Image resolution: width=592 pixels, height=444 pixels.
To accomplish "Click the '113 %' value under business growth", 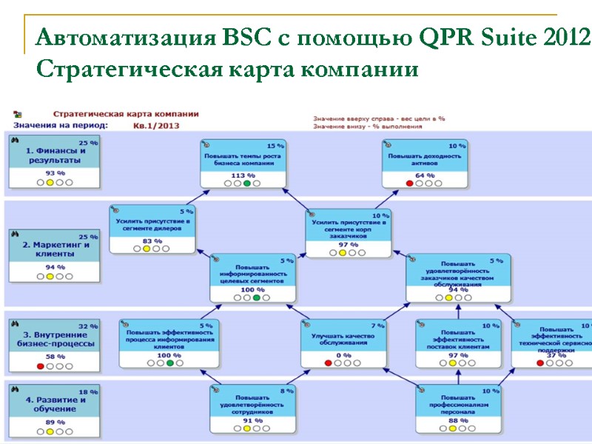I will click(x=243, y=175).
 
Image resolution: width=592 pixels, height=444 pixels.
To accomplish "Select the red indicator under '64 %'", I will click(x=409, y=183).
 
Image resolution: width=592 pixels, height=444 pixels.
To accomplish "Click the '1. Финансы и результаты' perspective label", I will click(x=51, y=155).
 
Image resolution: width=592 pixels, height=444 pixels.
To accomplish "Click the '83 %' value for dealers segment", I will click(x=152, y=240).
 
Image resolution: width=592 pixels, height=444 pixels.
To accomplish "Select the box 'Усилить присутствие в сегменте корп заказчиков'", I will click(x=350, y=226).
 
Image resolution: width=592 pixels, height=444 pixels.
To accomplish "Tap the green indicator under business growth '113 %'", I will click(x=246, y=184).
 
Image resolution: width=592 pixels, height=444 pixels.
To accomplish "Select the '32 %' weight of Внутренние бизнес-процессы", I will click(x=88, y=325).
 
